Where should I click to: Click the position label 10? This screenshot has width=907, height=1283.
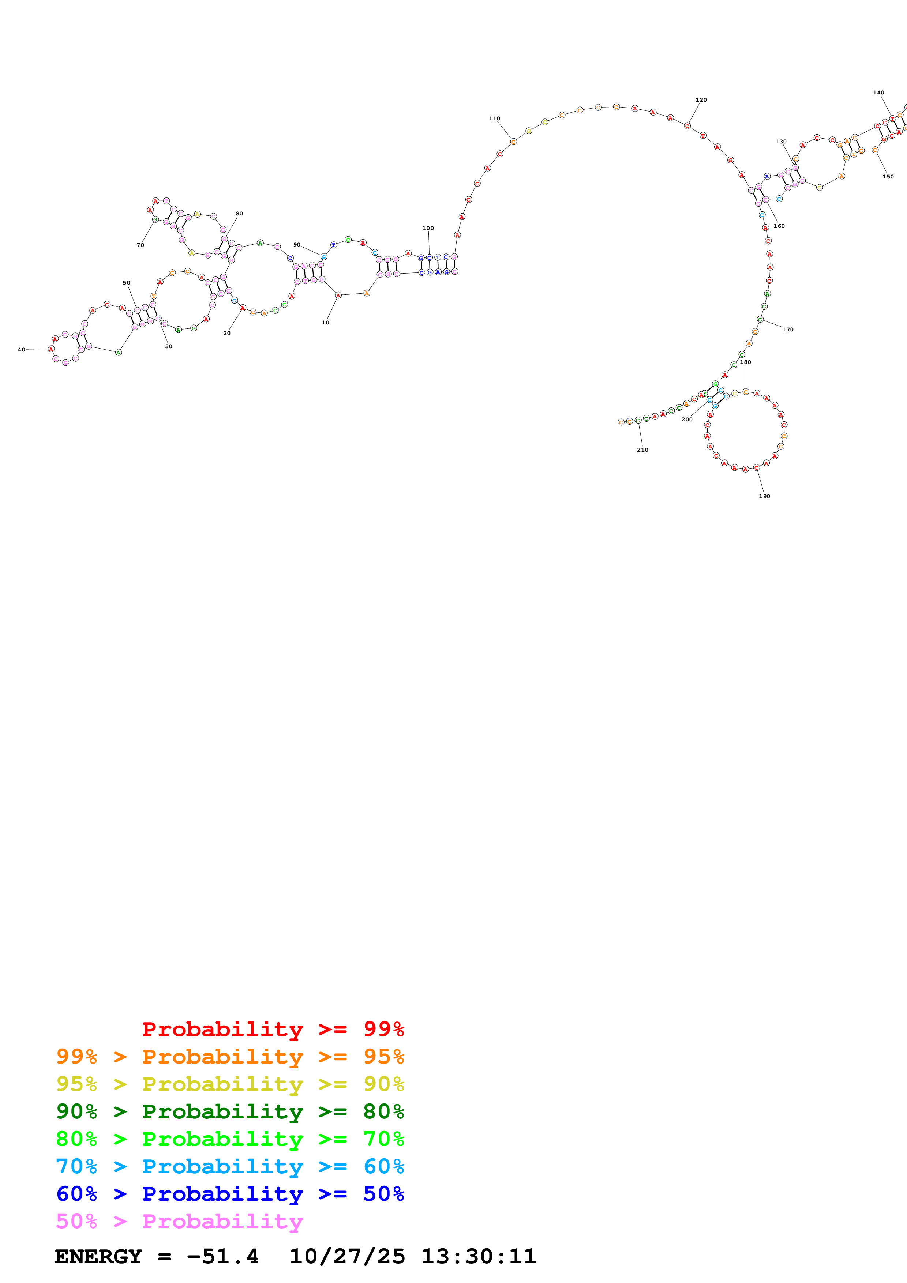pos(325,323)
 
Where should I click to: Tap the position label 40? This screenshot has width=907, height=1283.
pos(21,350)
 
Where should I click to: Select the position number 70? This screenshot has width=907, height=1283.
pos(140,245)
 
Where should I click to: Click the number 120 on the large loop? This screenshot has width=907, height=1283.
pos(701,100)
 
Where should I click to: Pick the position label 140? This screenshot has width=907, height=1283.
pos(878,93)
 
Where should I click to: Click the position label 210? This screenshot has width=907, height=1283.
pos(643,450)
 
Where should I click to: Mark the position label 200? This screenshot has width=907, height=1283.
pos(687,419)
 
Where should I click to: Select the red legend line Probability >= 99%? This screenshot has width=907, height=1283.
pos(273,1029)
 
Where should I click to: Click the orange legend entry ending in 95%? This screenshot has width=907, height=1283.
pos(230,1057)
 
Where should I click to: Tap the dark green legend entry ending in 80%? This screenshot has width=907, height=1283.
pos(230,1111)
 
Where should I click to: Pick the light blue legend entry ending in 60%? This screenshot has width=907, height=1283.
pos(230,1166)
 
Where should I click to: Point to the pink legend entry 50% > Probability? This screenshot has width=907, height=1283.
pos(179,1221)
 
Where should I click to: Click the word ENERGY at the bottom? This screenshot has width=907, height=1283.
pos(98,1256)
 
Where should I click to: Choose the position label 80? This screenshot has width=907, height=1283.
pos(239,214)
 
